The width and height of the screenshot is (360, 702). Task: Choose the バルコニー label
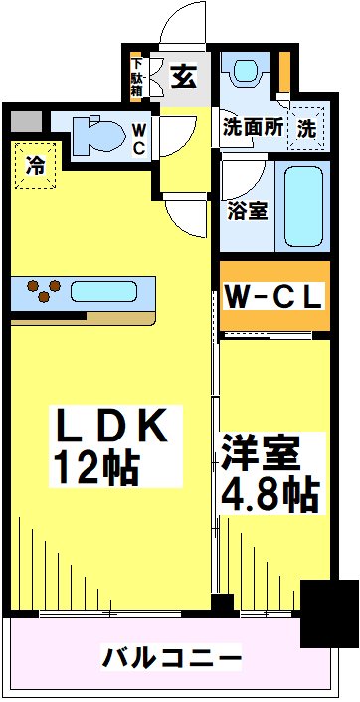tap(171, 658)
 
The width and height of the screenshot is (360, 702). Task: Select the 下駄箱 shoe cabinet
tap(138, 77)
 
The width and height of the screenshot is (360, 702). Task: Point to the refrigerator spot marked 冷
tap(35, 165)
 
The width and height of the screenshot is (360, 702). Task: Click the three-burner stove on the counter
tap(41, 291)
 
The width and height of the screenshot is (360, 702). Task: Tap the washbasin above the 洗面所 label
tap(245, 74)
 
